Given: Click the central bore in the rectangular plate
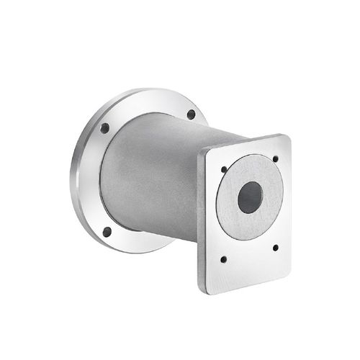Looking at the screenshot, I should [x=250, y=197].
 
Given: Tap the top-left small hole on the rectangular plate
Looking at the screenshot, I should [x=224, y=170].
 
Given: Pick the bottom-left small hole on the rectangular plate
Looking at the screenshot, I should [x=223, y=258].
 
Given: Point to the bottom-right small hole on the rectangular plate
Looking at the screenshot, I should [x=276, y=247].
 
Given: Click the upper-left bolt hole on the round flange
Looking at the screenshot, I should [x=104, y=128].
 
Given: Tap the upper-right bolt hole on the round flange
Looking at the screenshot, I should [x=191, y=114].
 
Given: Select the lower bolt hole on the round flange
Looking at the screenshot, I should [x=107, y=232].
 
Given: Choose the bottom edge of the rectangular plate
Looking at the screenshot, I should [x=245, y=287].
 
